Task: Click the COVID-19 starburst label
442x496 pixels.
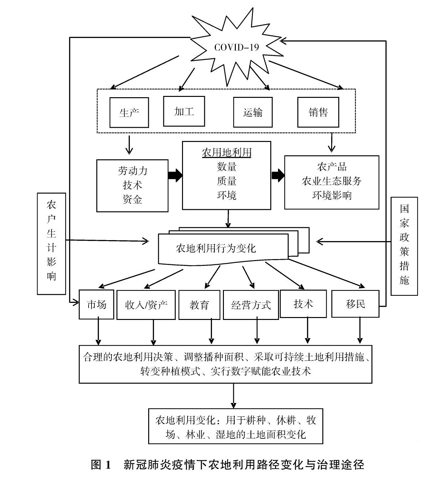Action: (x=236, y=48)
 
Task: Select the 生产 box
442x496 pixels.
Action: (x=129, y=113)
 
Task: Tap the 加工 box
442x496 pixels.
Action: (x=184, y=111)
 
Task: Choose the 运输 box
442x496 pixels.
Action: (x=253, y=112)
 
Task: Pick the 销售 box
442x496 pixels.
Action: (x=318, y=112)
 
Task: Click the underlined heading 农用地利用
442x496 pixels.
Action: (x=226, y=152)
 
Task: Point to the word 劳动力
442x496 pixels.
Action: (x=132, y=171)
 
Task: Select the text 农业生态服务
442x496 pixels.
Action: (x=331, y=181)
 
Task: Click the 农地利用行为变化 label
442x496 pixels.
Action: (x=216, y=248)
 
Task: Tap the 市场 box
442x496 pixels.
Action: (x=96, y=304)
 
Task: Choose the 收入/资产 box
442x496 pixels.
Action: (x=146, y=305)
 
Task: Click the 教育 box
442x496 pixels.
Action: (x=199, y=305)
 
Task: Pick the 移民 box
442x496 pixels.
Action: (x=355, y=304)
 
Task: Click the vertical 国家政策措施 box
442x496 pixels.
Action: (x=404, y=246)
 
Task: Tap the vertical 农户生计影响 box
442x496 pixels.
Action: (x=52, y=244)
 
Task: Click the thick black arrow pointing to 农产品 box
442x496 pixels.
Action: (x=278, y=175)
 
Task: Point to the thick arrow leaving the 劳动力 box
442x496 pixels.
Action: (x=175, y=175)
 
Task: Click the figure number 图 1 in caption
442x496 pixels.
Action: (x=101, y=465)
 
